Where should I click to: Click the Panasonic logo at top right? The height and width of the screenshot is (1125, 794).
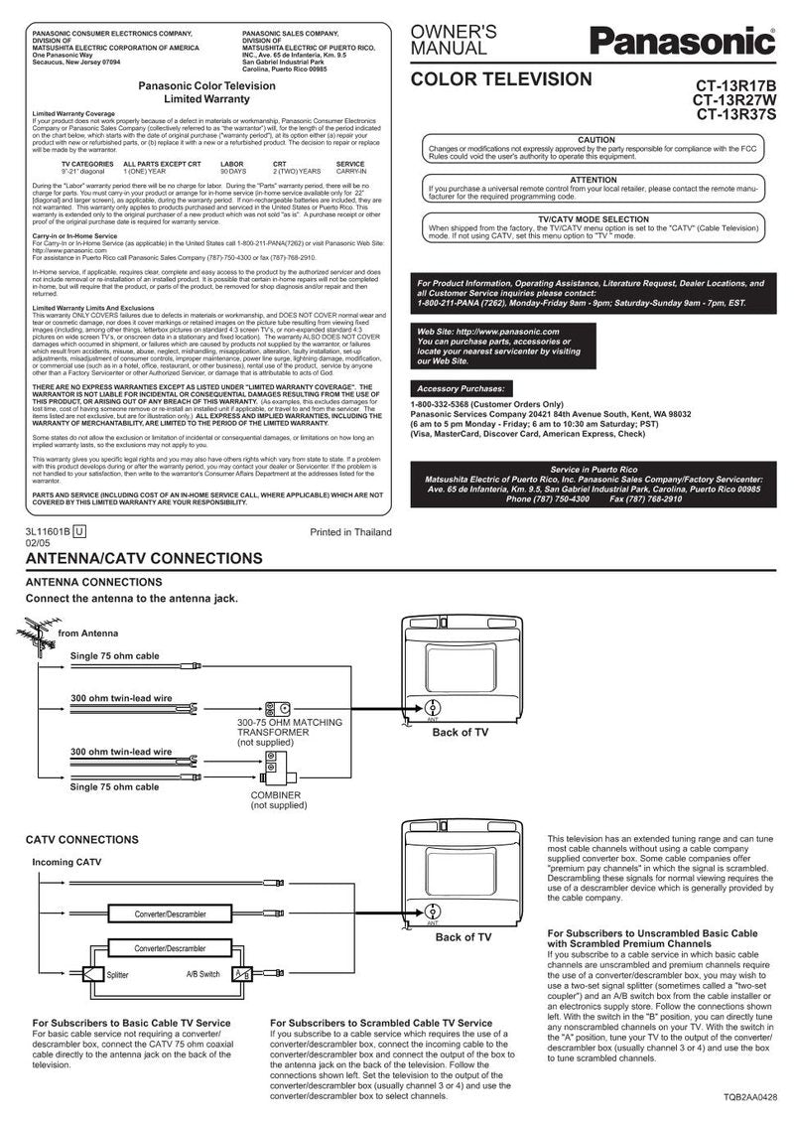[683, 42]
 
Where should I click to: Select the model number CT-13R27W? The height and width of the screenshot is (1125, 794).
[734, 99]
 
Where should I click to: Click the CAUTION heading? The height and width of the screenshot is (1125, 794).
[595, 141]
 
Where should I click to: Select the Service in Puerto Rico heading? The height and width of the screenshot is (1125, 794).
[594, 469]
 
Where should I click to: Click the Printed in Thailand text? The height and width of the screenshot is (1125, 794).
[350, 532]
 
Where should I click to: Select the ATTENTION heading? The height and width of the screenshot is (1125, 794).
[594, 179]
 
